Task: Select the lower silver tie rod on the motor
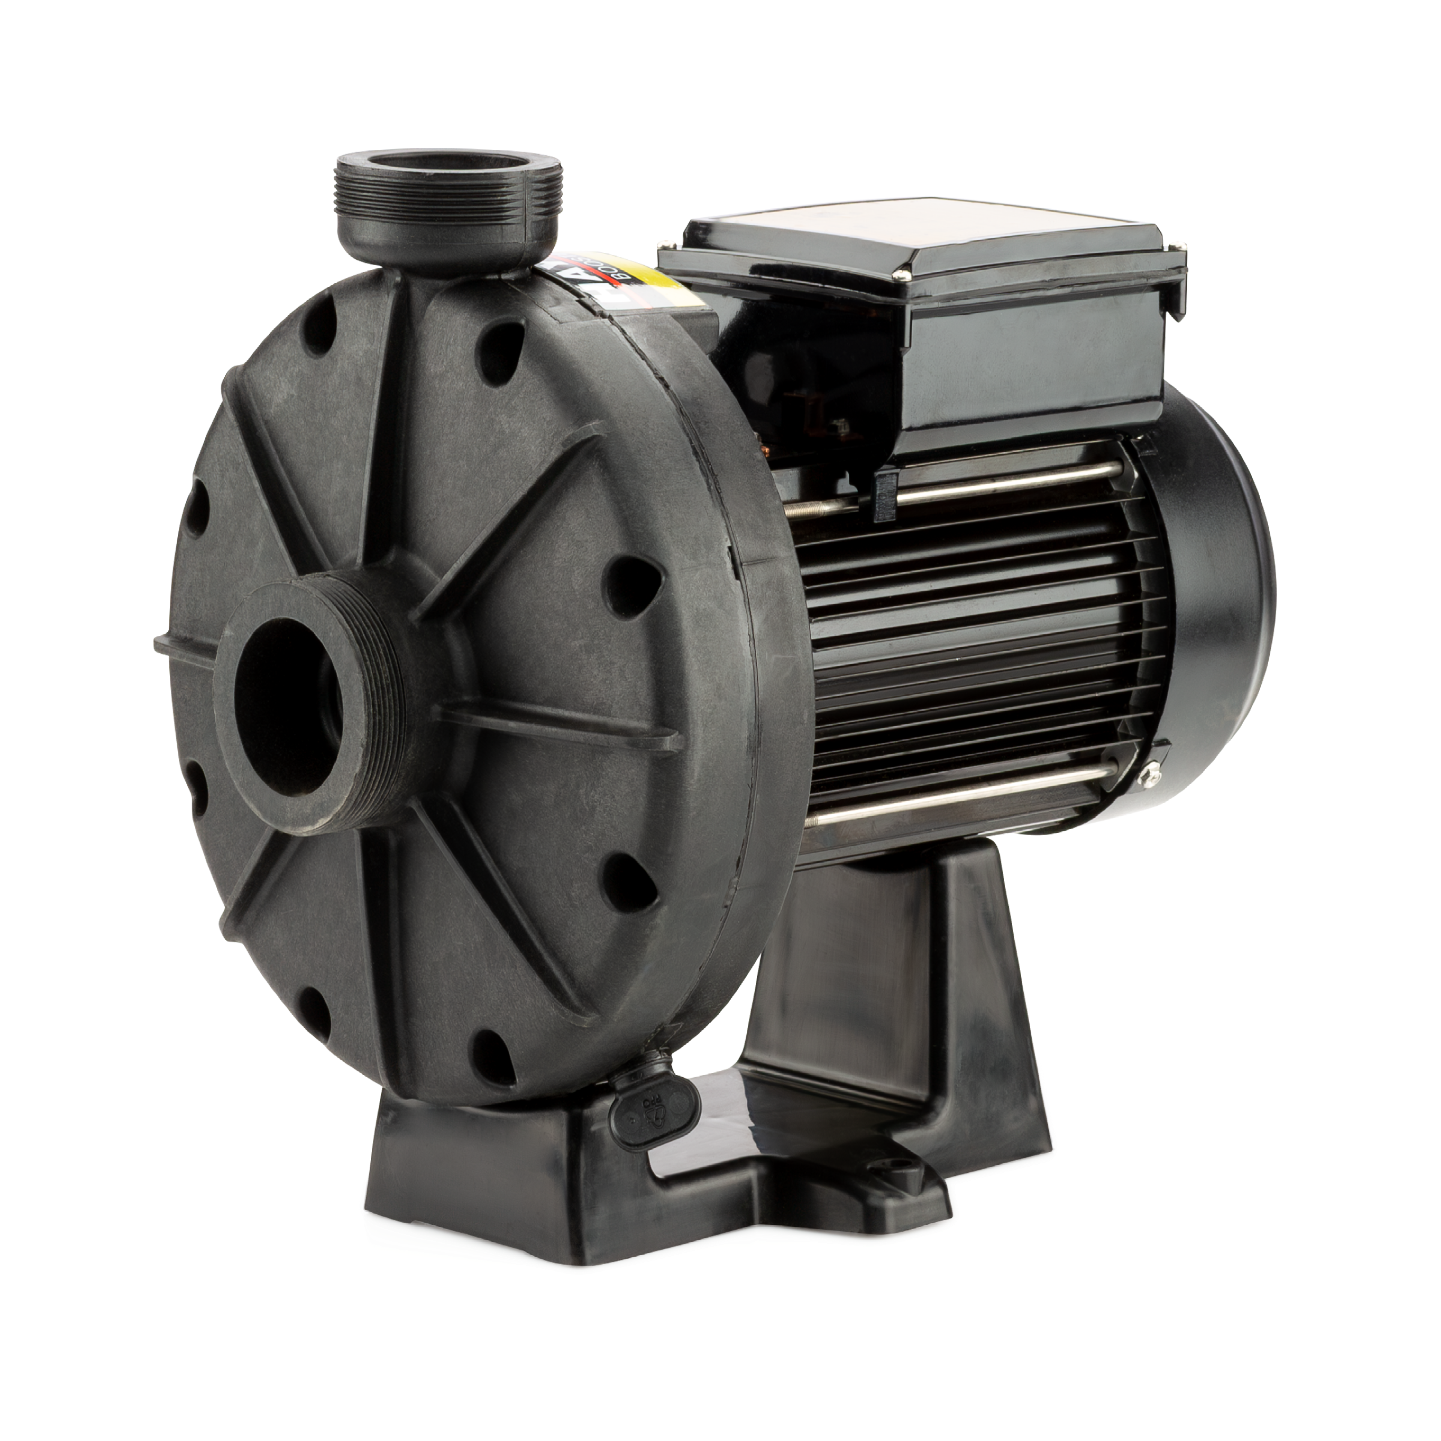tap(970, 806)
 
